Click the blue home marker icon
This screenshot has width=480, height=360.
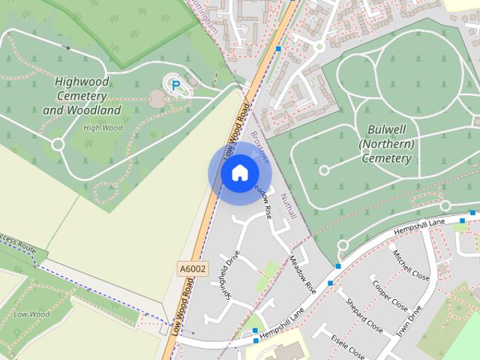point(238,173)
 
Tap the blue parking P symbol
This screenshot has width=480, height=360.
point(175,86)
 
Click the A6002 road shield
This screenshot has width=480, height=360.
point(192,268)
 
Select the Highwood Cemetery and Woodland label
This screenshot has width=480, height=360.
point(82,95)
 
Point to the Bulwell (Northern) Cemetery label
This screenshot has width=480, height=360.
point(387,144)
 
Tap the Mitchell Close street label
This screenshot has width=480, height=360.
point(410,265)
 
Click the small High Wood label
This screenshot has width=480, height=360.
point(103,127)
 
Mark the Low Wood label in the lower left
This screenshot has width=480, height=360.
point(30,314)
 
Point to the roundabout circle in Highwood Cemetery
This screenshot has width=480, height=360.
point(57,144)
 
